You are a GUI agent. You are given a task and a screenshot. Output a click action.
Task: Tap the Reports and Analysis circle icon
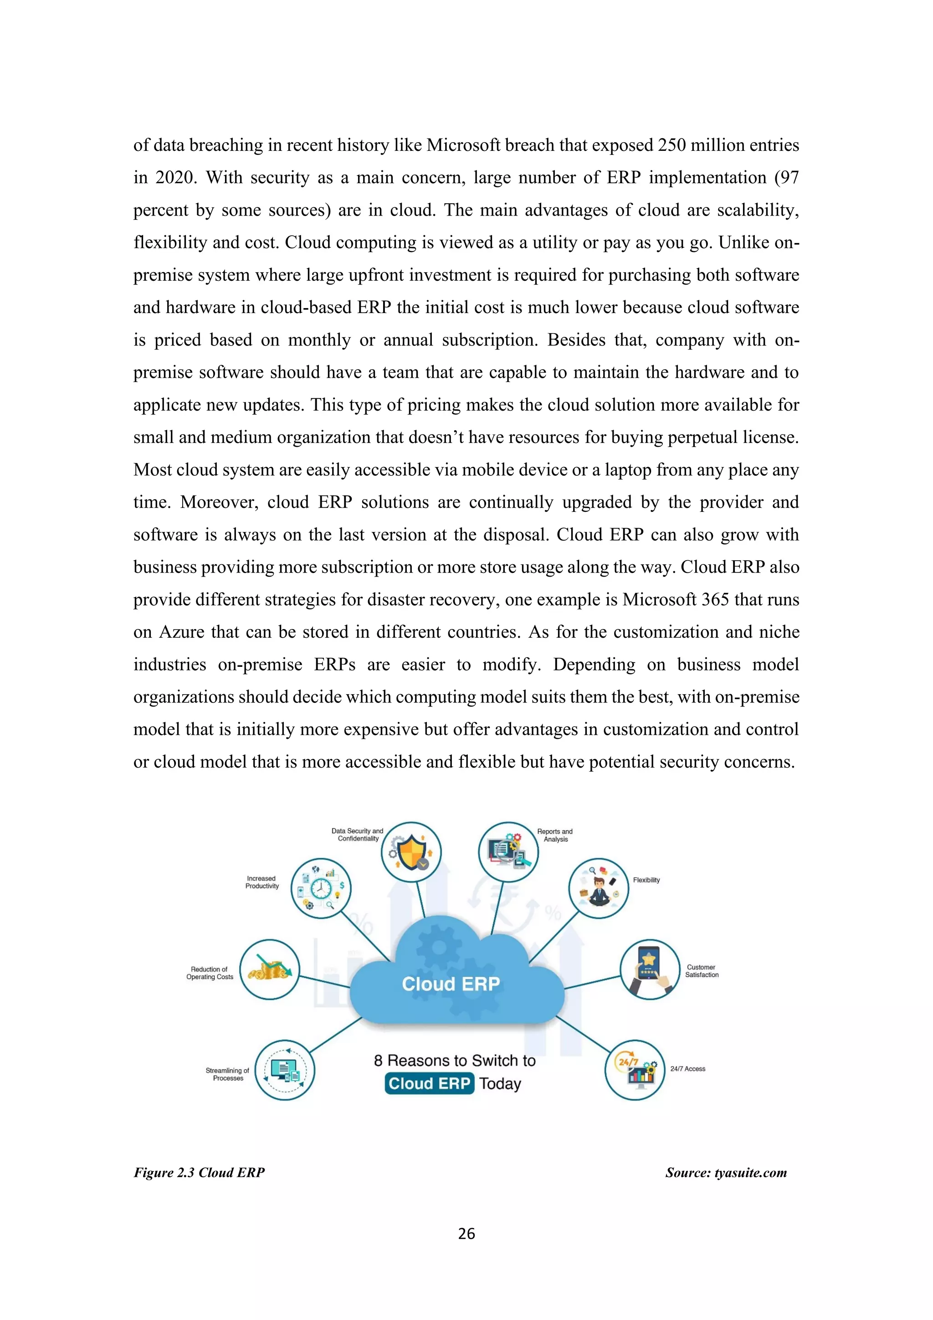[x=508, y=852]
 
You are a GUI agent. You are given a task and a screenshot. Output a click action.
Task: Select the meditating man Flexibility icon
[x=599, y=888]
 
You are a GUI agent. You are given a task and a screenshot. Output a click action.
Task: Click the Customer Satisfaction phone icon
[x=650, y=970]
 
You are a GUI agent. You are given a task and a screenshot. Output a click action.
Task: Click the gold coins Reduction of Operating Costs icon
[x=269, y=970]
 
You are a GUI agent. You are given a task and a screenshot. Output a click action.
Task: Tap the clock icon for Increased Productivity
[x=321, y=888]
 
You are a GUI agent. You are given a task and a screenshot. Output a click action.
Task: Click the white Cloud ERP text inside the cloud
[x=451, y=984]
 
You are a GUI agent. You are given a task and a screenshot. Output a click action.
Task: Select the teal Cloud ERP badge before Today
[x=429, y=1084]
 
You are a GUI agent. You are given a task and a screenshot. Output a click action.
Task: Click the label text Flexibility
[x=646, y=880]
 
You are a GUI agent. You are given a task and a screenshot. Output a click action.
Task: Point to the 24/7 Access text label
[x=688, y=1069]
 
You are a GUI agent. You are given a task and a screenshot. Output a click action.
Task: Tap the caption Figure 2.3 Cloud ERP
[x=200, y=1173]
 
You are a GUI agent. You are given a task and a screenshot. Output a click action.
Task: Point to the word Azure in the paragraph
[x=181, y=632]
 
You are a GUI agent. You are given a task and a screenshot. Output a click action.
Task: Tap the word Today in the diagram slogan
[x=500, y=1084]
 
